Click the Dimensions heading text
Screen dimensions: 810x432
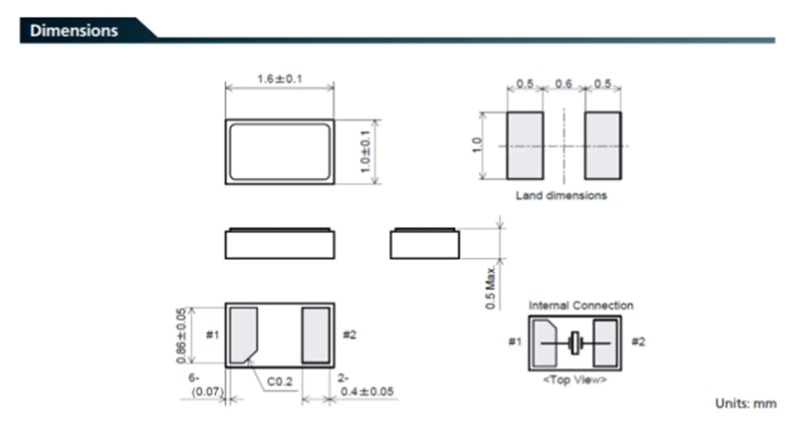[74, 31]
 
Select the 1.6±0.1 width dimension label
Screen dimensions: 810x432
[280, 79]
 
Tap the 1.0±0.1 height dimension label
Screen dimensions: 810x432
[365, 152]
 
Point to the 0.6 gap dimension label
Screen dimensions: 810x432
[564, 84]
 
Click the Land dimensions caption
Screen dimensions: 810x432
[561, 195]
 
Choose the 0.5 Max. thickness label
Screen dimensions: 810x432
[491, 288]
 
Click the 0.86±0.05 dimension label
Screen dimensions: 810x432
[181, 335]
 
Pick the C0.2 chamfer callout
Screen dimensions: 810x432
[280, 382]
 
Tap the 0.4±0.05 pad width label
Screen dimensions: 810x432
[367, 391]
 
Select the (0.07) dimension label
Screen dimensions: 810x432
[208, 392]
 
